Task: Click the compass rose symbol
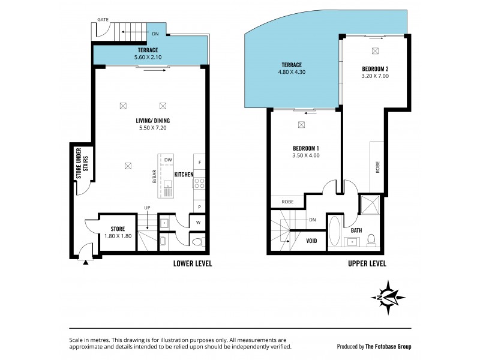[x=389, y=297]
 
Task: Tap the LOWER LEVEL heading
[x=192, y=263]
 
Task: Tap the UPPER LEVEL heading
[x=366, y=263]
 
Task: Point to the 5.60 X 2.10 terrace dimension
[x=147, y=58]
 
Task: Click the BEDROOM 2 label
[x=376, y=69]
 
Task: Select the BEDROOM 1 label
[x=305, y=148]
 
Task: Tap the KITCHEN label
[x=184, y=175]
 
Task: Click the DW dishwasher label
[x=169, y=160]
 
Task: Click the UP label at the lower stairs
[x=147, y=208]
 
